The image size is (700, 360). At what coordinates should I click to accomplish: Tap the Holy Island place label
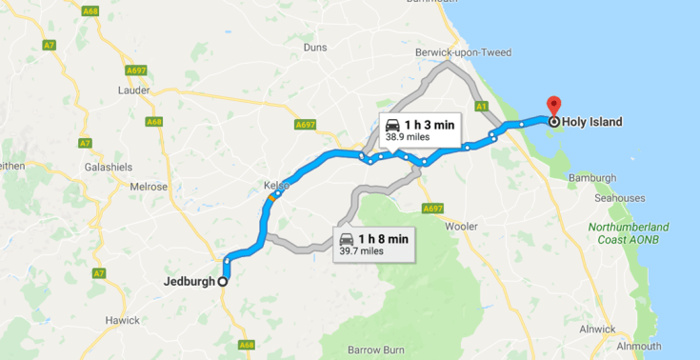pyautogui.click(x=592, y=122)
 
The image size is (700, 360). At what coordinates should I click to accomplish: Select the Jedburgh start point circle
pyautogui.click(x=223, y=281)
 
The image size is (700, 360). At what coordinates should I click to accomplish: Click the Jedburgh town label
pyautogui.click(x=189, y=281)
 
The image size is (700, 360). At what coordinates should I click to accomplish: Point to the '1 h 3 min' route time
pyautogui.click(x=429, y=125)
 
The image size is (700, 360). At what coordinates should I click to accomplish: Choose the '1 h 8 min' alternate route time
pyautogui.click(x=383, y=238)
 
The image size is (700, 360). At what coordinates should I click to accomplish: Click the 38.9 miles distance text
pyautogui.click(x=408, y=137)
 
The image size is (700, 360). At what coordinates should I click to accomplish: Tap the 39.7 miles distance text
pyautogui.click(x=362, y=250)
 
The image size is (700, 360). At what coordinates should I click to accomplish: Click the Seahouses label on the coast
pyautogui.click(x=620, y=198)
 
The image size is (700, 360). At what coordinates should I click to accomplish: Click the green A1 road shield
pyautogui.click(x=481, y=106)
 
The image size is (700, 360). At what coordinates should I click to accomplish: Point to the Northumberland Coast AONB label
pyautogui.click(x=629, y=233)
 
